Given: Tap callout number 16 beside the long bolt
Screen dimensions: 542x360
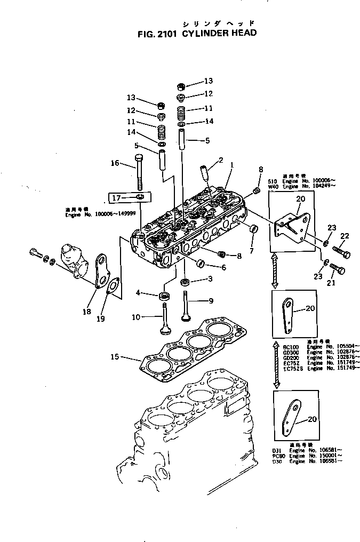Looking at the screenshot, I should (x=115, y=163).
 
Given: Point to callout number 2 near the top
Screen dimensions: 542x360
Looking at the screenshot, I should (x=220, y=160).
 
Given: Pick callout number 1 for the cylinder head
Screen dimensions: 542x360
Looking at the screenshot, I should (x=231, y=166).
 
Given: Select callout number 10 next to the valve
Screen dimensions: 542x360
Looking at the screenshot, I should (x=135, y=317).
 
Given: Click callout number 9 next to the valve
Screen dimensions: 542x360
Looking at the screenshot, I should (x=210, y=300).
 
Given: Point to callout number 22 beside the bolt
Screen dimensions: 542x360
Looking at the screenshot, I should (x=345, y=236).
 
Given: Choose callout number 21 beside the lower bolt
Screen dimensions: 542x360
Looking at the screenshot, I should (x=331, y=283).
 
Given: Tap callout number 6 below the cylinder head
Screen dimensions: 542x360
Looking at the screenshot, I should (x=223, y=267).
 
